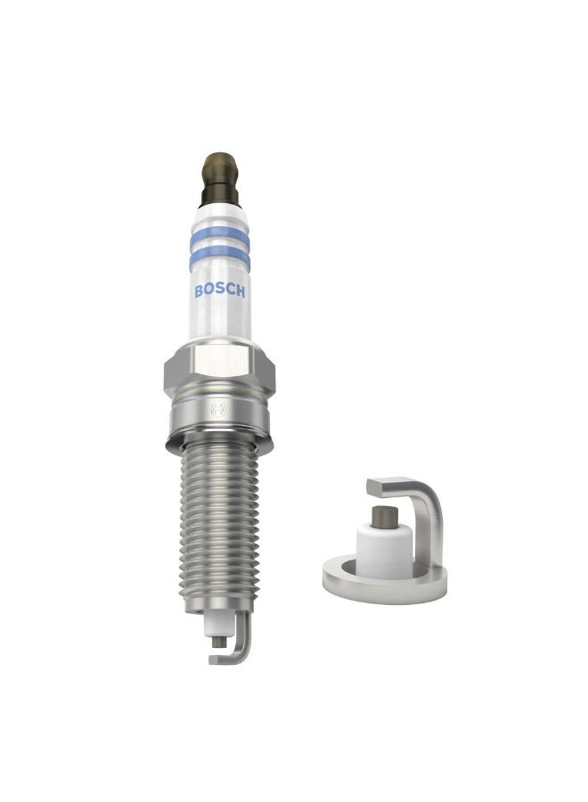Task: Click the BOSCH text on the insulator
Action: [220, 291]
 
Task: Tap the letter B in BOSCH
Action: [199, 291]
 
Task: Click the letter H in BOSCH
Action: [241, 291]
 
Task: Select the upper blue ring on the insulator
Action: [220, 237]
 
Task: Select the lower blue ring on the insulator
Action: [220, 258]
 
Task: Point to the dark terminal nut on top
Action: [220, 179]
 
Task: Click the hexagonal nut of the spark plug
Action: [219, 371]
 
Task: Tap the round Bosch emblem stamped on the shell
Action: [217, 411]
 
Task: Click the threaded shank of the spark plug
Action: [219, 527]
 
